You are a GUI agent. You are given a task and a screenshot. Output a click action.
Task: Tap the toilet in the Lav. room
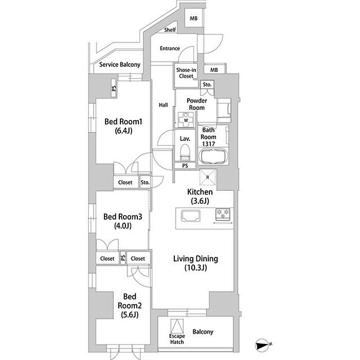[x=185, y=152]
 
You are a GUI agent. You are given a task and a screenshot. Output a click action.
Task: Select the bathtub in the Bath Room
[x=213, y=156]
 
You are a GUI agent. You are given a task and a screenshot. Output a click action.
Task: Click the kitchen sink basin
[x=191, y=216]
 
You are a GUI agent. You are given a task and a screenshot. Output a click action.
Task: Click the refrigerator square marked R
[x=208, y=177]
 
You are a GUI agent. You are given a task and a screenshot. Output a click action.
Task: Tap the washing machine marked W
[x=186, y=120]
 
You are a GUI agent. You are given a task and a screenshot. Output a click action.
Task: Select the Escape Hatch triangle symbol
[x=177, y=326]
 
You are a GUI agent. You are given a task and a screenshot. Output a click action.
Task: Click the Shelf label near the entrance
[x=170, y=30]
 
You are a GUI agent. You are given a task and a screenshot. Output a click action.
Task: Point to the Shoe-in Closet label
[x=186, y=73]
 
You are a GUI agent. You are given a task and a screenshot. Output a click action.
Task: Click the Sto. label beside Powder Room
[x=207, y=84]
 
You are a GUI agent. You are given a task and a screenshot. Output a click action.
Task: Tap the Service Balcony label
[x=120, y=65]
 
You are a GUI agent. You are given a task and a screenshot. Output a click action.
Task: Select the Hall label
[x=163, y=105]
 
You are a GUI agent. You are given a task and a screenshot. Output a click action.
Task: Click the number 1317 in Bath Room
[x=208, y=144]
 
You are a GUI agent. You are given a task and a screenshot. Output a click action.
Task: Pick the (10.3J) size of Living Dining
[x=195, y=268]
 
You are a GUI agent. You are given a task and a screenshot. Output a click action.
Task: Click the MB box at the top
[x=193, y=18]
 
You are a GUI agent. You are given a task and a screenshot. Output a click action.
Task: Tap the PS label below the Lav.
[x=185, y=166]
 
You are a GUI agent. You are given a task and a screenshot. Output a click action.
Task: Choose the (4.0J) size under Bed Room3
[x=123, y=226]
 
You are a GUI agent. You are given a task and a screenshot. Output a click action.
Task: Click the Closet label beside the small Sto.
[x=125, y=183]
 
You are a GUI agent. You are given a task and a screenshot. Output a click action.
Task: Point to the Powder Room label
[x=197, y=104]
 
